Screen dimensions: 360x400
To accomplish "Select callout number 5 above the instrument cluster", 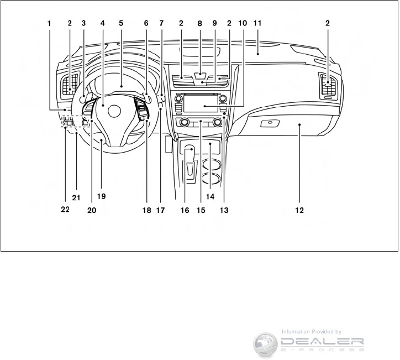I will [121, 23].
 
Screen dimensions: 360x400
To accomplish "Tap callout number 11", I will [257, 23].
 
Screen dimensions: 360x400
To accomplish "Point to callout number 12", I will [299, 210].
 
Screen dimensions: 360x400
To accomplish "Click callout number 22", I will [65, 210].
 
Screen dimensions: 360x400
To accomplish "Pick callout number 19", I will [101, 196].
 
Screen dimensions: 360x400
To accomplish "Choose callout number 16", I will [185, 210].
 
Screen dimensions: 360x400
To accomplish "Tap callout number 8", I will [201, 23].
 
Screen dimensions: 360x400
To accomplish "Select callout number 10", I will [243, 23].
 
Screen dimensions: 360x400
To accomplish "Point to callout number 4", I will [103, 23].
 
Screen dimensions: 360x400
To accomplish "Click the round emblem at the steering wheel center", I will [114, 111].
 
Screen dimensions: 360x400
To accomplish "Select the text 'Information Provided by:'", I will [313, 331].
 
